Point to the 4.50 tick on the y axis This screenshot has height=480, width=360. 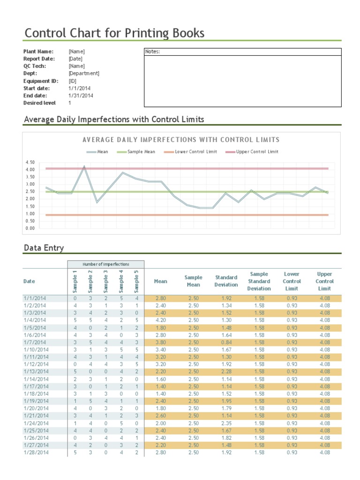click(x=30, y=162)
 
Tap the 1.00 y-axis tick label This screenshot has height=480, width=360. click(x=30, y=214)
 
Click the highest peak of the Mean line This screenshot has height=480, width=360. click(x=84, y=166)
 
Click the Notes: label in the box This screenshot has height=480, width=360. click(x=153, y=52)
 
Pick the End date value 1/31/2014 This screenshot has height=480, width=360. click(x=81, y=96)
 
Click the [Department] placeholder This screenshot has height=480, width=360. click(x=84, y=74)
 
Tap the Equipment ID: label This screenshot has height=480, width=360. click(x=41, y=81)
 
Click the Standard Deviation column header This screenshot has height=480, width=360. click(x=226, y=281)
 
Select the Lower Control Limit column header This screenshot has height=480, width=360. click(x=292, y=281)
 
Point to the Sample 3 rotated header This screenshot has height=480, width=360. click(x=106, y=280)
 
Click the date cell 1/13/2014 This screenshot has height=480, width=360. click(x=36, y=371)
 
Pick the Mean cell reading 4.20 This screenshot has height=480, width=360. click(x=160, y=320)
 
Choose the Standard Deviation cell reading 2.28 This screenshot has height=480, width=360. click(x=226, y=371)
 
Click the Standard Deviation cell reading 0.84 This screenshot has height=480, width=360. click(x=226, y=342)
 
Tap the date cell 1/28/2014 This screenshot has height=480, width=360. click(x=36, y=452)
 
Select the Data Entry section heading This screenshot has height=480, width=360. click(x=44, y=248)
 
